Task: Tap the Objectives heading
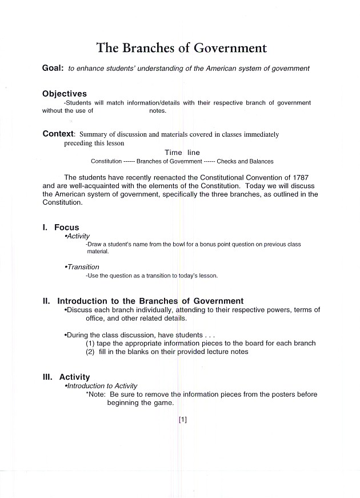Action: tap(65, 94)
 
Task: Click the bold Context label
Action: tap(59, 134)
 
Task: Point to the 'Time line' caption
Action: tap(182, 153)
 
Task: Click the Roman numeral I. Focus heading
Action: tap(61, 228)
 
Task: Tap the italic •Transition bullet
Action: tap(82, 267)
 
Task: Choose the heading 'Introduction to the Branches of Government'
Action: tap(150, 301)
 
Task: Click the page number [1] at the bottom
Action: tap(183, 420)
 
